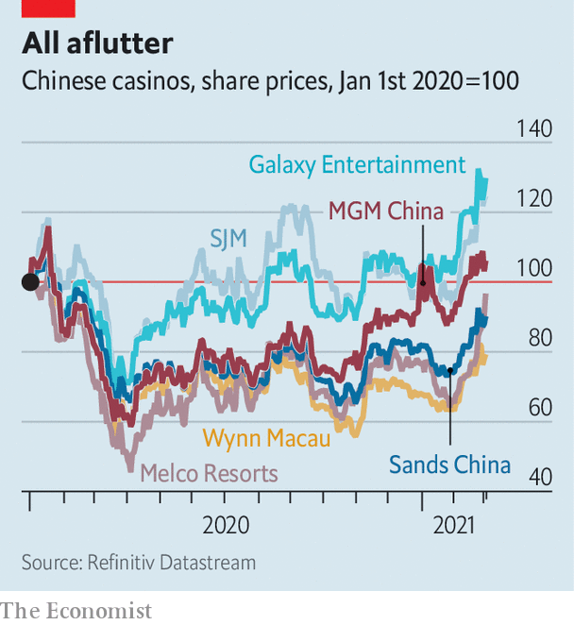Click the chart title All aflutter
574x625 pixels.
click(98, 42)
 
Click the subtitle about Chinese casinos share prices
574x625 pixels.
click(270, 81)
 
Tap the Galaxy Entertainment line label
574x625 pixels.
click(357, 165)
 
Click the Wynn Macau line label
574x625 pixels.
click(267, 439)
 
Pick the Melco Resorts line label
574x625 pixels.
click(209, 473)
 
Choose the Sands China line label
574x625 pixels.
click(449, 465)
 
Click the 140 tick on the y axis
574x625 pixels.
click(532, 128)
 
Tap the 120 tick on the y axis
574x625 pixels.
click(532, 199)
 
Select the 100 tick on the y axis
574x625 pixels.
click(532, 269)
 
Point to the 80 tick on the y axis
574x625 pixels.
click(537, 339)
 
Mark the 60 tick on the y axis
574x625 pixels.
click(537, 409)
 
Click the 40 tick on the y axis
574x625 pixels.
click(537, 479)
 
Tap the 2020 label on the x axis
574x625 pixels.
click(226, 525)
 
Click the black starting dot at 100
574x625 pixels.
click(30, 281)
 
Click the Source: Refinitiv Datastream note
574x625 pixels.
click(138, 562)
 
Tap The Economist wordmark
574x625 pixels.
click(76, 611)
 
